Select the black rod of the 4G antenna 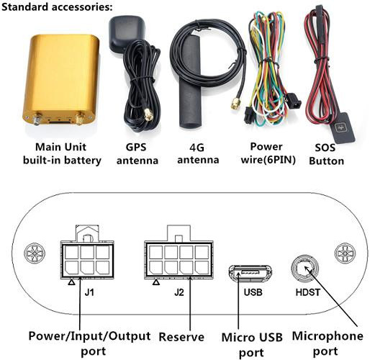point(190,82)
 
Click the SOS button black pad point(343,128)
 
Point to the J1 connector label point(89,292)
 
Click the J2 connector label point(179,292)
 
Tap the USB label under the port point(253,292)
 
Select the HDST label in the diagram point(308,292)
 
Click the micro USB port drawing point(250,273)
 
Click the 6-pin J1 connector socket point(87,260)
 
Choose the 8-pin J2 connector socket point(179,260)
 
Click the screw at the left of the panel point(35,253)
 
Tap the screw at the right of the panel point(345,253)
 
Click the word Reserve point(181,337)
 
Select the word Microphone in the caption point(327,336)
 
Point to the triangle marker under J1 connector point(71,282)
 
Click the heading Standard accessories point(57,7)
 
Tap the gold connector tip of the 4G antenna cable point(234,103)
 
